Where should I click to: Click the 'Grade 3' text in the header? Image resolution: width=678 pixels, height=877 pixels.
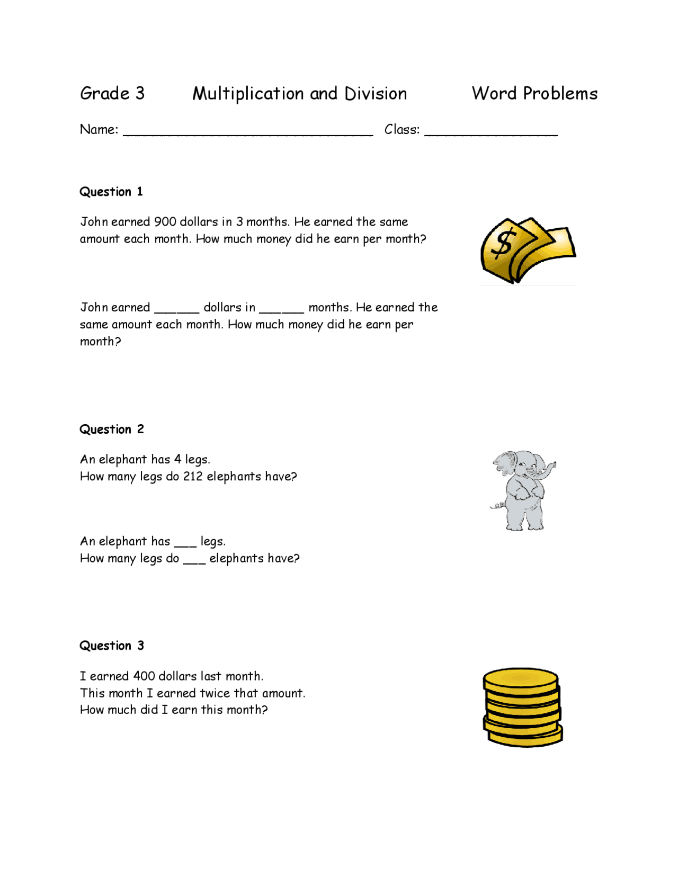pos(112,94)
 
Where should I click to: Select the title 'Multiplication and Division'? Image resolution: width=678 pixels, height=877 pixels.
pos(299,94)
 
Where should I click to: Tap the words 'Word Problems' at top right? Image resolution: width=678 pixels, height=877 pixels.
pos(534,94)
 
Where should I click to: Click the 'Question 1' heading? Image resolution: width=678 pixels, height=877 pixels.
pos(111,192)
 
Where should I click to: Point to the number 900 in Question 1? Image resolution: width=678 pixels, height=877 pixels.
pos(165,222)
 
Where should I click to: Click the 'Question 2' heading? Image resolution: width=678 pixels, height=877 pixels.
pos(111,429)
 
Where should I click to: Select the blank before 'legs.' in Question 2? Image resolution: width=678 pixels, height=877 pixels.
pos(185,544)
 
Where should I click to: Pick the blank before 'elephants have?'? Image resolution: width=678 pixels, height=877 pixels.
pos(194,561)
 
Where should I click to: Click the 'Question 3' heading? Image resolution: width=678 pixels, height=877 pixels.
pos(111,646)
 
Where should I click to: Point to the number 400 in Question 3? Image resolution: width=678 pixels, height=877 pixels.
pos(144,676)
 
